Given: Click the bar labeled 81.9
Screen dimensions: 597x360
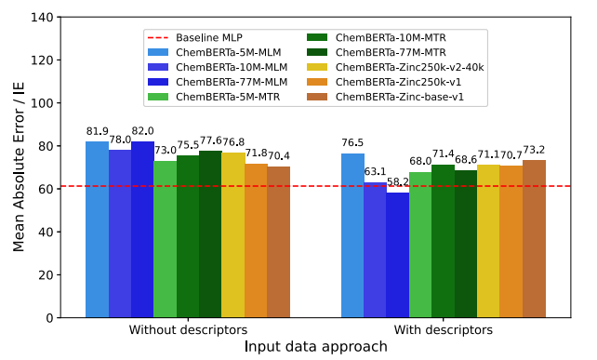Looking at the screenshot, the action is pos(97,230).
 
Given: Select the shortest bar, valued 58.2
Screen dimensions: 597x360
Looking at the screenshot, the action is pos(397,255).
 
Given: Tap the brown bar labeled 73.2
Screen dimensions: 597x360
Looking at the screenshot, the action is pos(534,238).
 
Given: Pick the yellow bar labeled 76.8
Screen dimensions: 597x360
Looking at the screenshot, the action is pos(233,234).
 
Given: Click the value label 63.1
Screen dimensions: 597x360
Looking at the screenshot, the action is pos(375,172).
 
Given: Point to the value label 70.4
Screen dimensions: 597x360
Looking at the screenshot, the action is pos(278,155).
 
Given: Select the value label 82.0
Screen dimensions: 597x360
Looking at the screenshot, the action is pos(143,131).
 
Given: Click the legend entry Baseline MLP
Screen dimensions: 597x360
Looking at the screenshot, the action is pos(195,38).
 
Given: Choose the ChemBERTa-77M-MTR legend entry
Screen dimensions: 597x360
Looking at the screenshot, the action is pos(377,52).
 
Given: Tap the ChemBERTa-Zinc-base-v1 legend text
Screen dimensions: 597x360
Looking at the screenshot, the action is pos(385,97).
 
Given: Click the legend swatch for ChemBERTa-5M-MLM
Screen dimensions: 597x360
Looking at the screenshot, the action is pos(158,53).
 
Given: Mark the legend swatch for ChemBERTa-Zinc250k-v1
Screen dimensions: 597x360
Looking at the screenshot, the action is pos(317,82).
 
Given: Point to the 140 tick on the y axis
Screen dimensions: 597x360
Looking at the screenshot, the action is pos(43,18).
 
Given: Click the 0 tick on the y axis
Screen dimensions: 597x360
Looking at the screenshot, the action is pos(50,318).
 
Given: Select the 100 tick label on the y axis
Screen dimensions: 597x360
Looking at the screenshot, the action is pos(43,103).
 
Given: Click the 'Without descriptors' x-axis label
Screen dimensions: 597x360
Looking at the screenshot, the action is pos(188,329).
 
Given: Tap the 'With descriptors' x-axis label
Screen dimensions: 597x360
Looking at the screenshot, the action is pos(444,329).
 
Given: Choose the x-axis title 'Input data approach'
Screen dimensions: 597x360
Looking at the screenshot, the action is pos(315,347).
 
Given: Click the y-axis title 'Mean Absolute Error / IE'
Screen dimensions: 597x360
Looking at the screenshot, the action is pos(19,167).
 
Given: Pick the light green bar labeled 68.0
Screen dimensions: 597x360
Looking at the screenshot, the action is pos(420,245).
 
